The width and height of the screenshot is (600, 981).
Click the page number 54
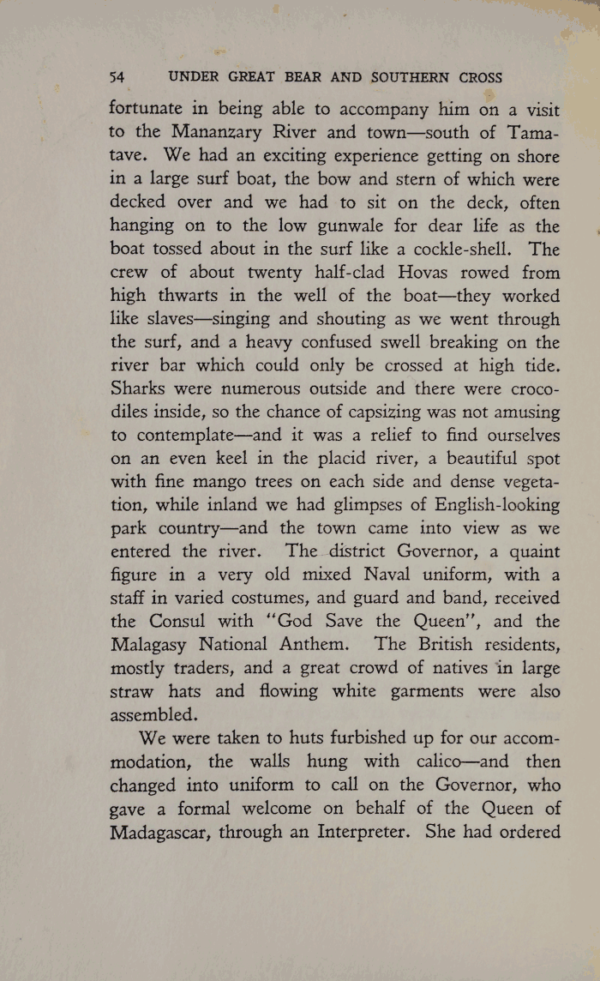(x=117, y=77)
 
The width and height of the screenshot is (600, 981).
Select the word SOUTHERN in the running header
(x=411, y=77)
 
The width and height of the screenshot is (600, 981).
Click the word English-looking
(x=487, y=505)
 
